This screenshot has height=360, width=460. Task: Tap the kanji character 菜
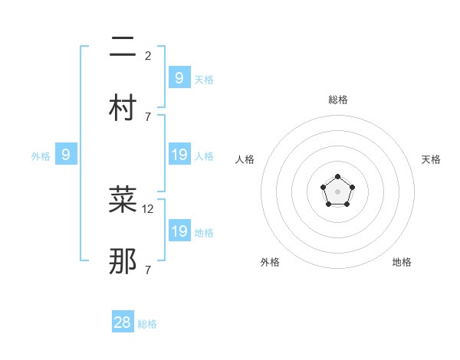[123, 200]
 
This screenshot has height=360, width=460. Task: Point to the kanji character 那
[123, 261]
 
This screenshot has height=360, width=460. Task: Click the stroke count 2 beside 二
[148, 56]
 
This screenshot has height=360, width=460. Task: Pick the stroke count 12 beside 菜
[149, 208]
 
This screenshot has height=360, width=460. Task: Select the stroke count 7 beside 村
[148, 117]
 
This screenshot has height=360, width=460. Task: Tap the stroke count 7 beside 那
[148, 270]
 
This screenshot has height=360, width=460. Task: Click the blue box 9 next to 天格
[179, 78]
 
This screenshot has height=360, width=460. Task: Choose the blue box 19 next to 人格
[179, 155]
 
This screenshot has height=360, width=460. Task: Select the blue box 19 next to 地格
[179, 231]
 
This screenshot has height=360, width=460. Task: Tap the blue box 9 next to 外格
[66, 155]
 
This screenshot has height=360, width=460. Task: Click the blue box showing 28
[123, 322]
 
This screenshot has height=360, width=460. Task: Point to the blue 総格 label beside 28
[147, 324]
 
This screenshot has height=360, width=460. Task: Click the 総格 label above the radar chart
[338, 100]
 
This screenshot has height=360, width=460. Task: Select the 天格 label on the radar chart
[432, 159]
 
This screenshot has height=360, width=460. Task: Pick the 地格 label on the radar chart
[402, 262]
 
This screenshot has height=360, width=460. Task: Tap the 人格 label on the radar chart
[245, 159]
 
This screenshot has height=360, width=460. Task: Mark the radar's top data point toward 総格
[338, 177]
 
